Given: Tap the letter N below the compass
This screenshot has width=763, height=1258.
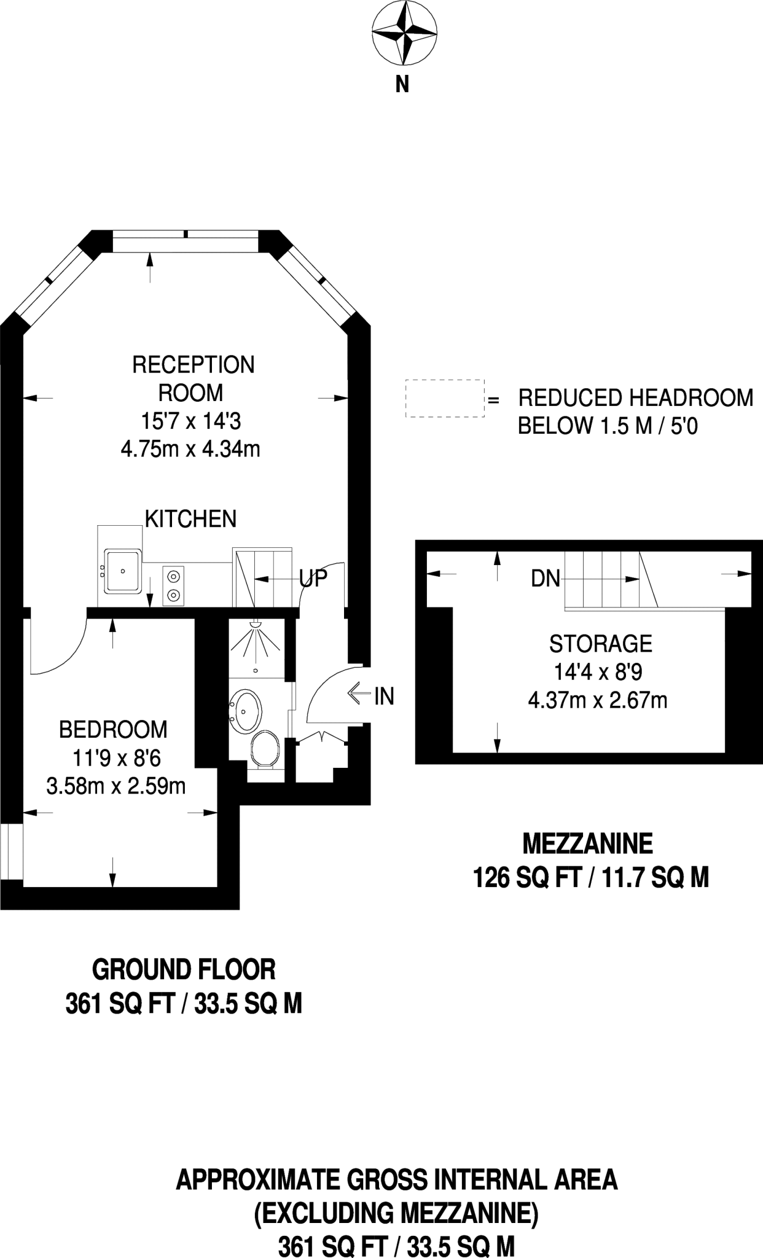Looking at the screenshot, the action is point(402,84).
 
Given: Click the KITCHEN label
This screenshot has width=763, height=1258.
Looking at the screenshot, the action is point(190,519).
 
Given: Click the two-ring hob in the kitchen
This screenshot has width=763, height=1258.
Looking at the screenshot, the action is point(174,585).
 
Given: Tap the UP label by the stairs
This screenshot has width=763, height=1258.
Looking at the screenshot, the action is point(313,578).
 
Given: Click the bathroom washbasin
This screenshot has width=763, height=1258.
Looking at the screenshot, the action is point(246,711).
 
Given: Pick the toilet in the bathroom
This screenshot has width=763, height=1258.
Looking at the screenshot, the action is point(265,748).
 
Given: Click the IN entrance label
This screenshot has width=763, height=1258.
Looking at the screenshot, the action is point(384,696).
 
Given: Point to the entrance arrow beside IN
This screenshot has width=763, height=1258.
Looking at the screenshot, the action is point(359,695).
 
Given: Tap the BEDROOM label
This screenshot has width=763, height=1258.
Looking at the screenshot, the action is point(113,730).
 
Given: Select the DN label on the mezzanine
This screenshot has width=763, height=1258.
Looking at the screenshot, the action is point(546,578).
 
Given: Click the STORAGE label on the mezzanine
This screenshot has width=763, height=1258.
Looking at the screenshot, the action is point(600,644).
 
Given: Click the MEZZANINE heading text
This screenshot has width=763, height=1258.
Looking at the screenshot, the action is point(587,844).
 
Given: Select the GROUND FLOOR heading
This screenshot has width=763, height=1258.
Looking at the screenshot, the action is point(184,969).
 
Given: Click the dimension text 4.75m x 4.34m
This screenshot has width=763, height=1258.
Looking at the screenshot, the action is point(190,450).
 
